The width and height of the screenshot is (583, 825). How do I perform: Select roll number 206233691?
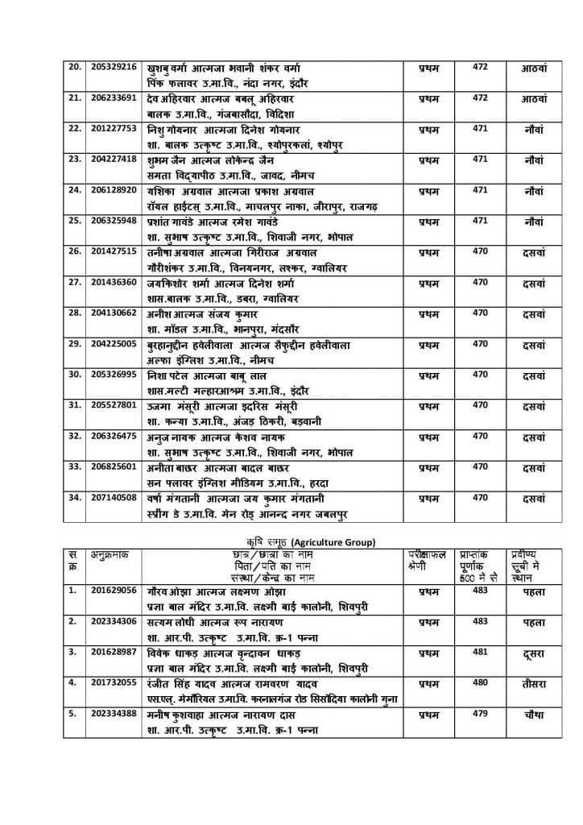pyautogui.click(x=114, y=97)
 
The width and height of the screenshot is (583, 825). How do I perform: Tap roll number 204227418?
pyautogui.click(x=114, y=159)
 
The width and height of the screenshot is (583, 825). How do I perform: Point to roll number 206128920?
pyautogui.click(x=114, y=189)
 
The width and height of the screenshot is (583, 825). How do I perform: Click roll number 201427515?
pyautogui.click(x=114, y=251)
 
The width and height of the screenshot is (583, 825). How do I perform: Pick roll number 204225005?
pyautogui.click(x=114, y=343)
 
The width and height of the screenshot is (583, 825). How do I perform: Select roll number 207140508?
pyautogui.click(x=114, y=497)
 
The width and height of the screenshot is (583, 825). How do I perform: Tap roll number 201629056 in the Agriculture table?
pyautogui.click(x=114, y=591)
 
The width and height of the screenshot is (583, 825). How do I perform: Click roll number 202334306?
pyautogui.click(x=114, y=621)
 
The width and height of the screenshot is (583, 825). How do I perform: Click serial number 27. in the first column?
pyautogui.click(x=75, y=282)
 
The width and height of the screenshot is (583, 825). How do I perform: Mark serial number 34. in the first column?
pyautogui.click(x=75, y=497)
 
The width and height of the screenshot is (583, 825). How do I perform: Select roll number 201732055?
pyautogui.click(x=114, y=682)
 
